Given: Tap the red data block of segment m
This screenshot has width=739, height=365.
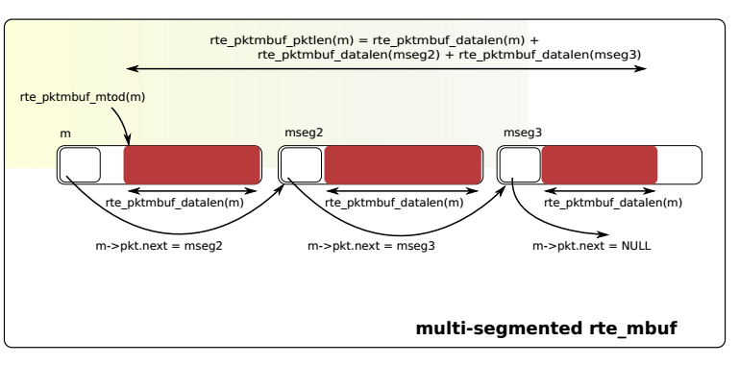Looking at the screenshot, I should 192,163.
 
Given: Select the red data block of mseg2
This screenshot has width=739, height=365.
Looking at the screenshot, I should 403,164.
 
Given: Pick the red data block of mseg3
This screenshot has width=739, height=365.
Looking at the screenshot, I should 600,164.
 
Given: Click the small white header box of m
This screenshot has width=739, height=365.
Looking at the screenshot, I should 80,164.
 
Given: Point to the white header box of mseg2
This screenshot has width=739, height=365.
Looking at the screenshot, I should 301,164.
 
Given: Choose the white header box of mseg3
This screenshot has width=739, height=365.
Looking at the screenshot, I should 520,164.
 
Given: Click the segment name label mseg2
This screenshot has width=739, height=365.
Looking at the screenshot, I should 304,132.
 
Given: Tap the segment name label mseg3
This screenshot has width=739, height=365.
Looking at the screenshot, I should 523,132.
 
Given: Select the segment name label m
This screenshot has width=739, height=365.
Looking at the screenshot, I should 65,133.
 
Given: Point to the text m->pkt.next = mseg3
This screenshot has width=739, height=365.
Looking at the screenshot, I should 371,246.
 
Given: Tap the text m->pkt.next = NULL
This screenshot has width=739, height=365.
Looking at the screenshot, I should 591,246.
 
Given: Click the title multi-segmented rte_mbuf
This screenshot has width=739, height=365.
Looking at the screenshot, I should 546,328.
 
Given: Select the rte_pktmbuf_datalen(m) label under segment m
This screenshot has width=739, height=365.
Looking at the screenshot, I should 174,203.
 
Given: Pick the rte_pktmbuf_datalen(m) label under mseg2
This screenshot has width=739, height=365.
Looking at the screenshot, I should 394,203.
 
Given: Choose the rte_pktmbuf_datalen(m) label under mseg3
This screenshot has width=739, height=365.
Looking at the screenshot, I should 613,203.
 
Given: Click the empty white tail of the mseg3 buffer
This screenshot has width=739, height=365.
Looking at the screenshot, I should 679,164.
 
